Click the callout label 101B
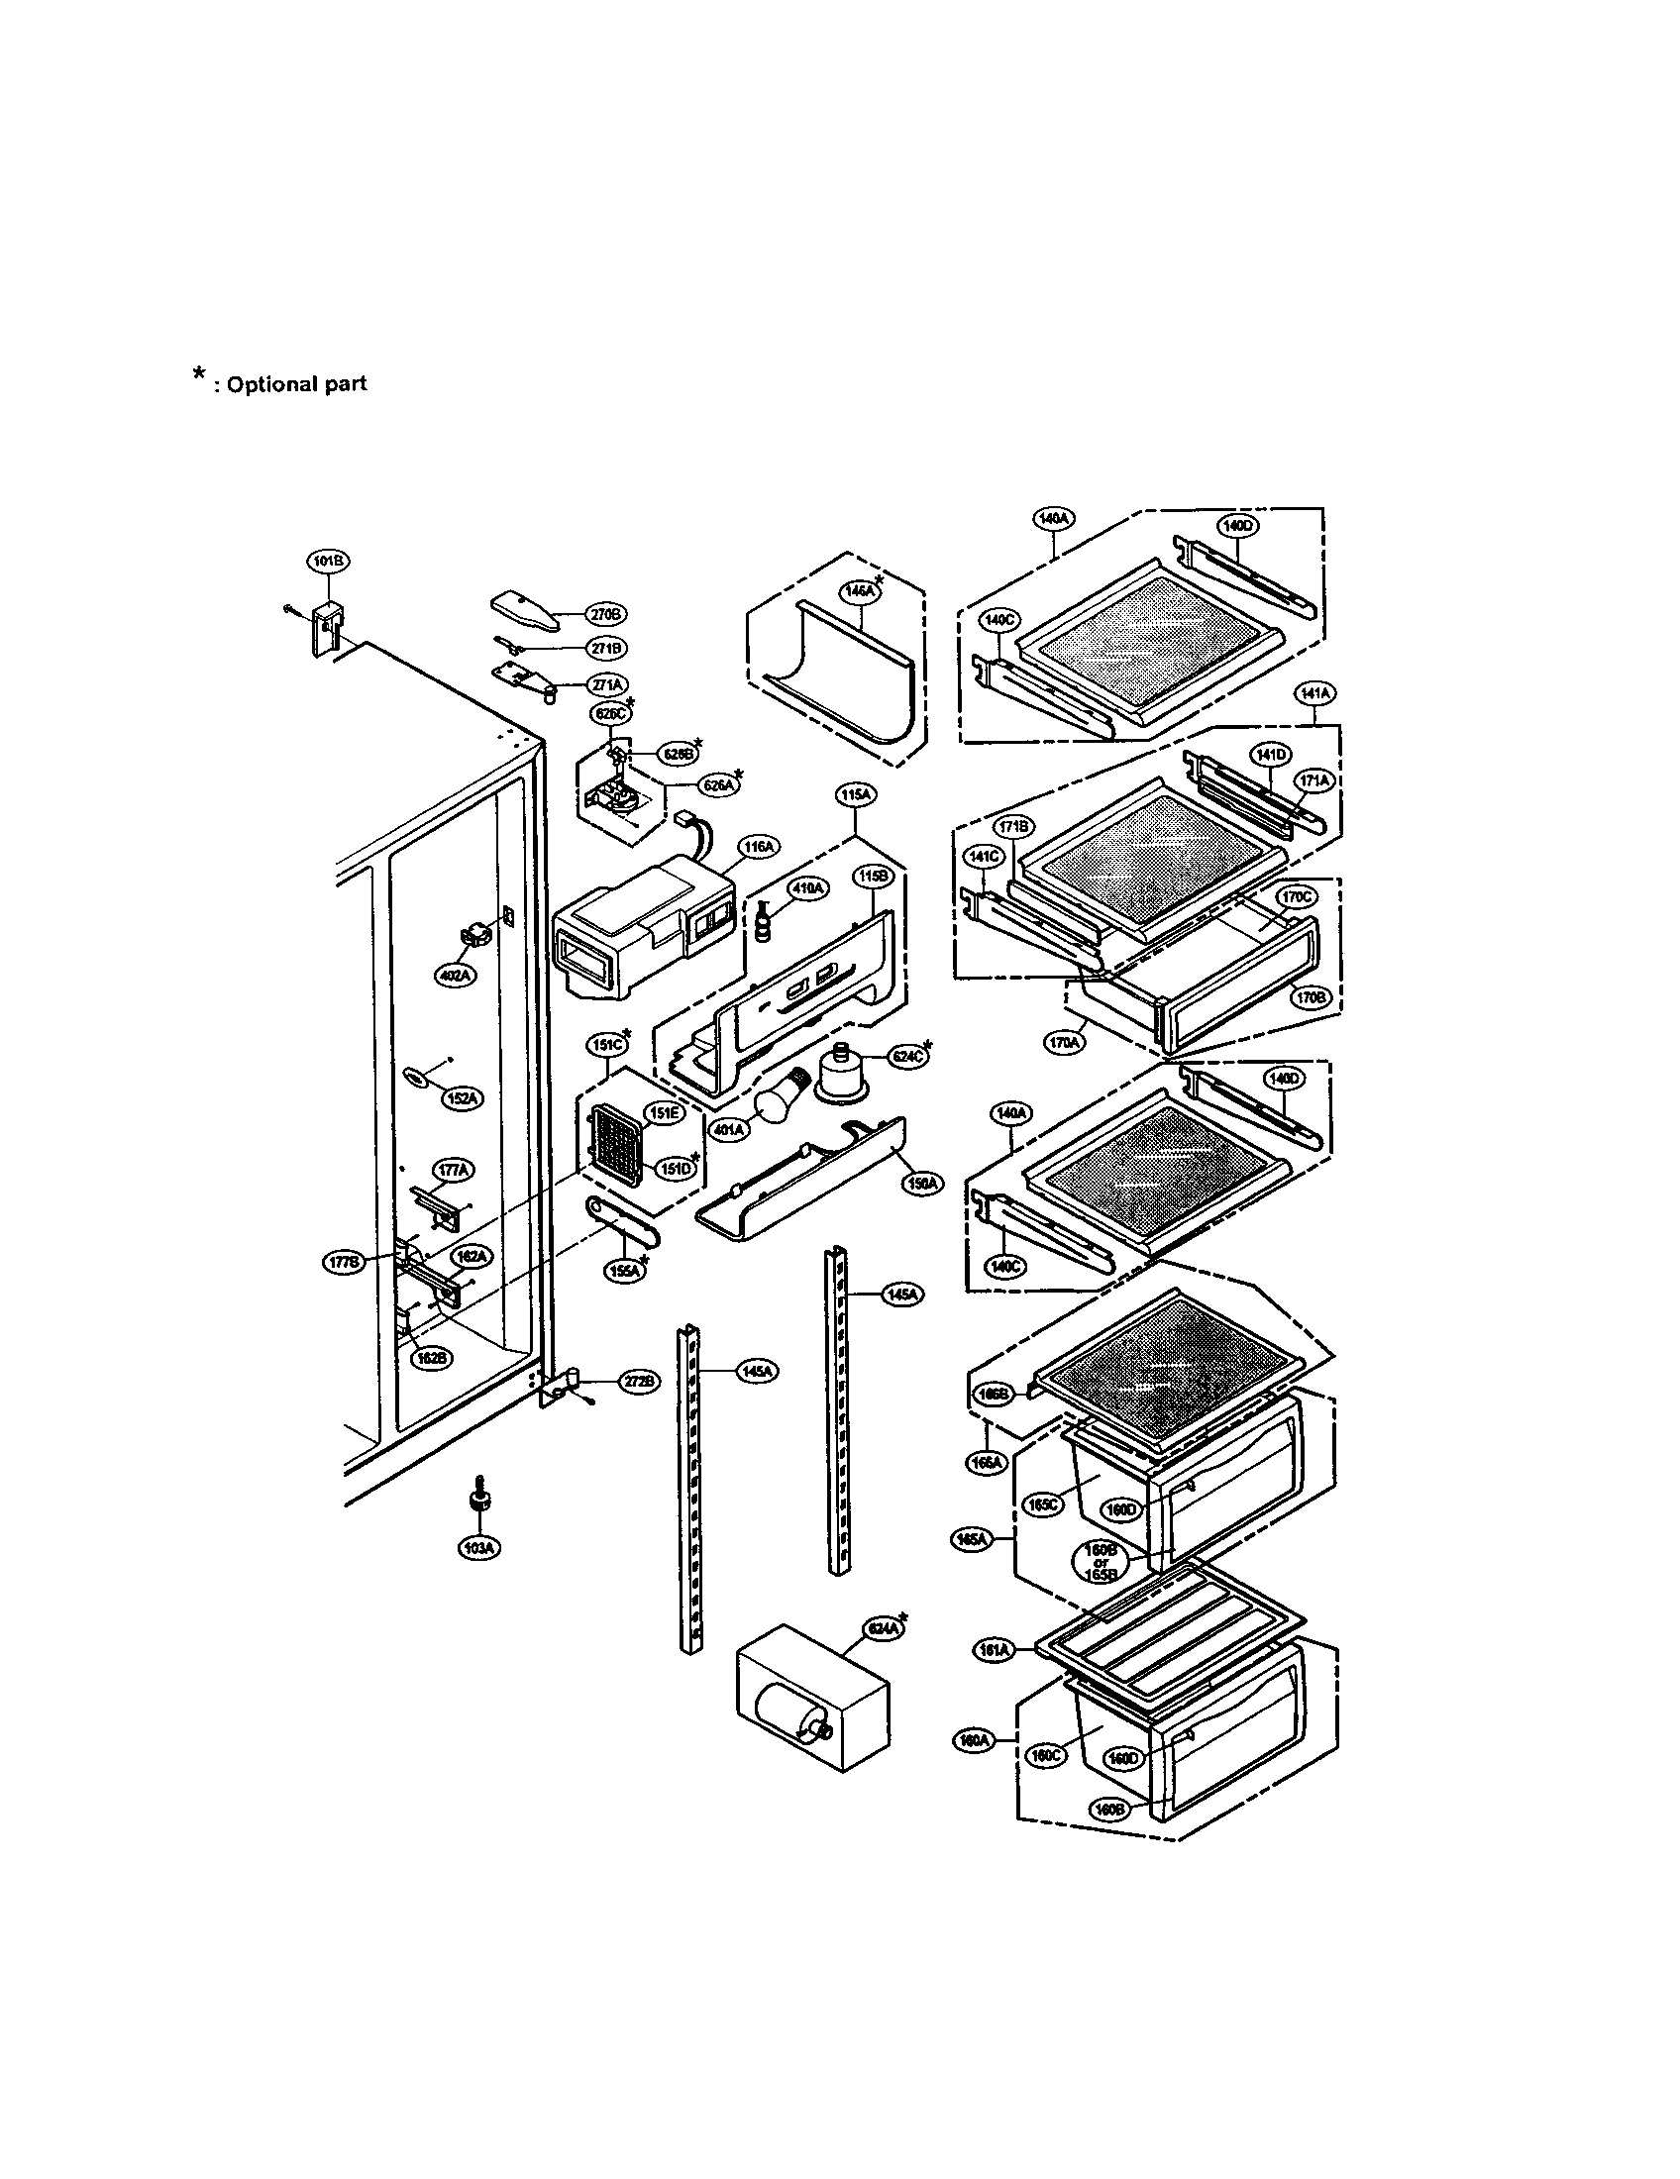[327, 562]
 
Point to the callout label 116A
[757, 847]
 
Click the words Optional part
[296, 384]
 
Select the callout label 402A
[454, 976]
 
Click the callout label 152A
[462, 1098]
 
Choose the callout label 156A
[922, 1184]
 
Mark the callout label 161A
[993, 1651]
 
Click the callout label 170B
[1309, 995]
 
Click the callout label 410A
[806, 887]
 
